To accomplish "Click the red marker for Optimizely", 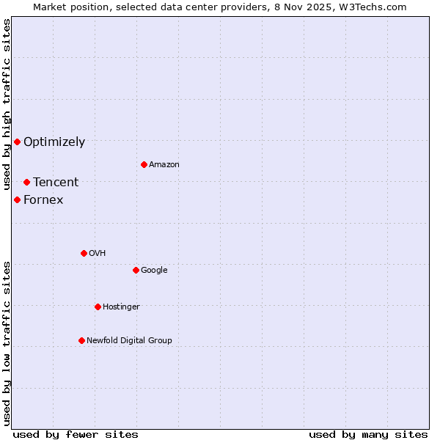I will tap(17, 142).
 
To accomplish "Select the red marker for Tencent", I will tap(26, 182).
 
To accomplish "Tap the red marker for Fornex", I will tap(17, 199).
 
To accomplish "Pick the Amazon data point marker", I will tap(144, 164).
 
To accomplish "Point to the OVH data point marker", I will tap(84, 253).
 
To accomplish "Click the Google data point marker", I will tap(136, 270).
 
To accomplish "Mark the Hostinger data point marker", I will tap(98, 307).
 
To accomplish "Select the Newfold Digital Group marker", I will tap(81, 340).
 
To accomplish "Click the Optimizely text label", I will tap(54, 142).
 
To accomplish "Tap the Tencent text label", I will tap(56, 183).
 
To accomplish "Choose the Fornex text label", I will tap(43, 200).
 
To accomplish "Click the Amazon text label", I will tap(164, 165).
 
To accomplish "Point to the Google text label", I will tap(154, 271).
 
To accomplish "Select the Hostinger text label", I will tap(121, 307).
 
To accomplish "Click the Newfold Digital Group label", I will tap(129, 341).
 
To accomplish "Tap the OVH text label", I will tap(98, 254).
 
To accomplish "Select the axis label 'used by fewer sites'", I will tap(76, 434).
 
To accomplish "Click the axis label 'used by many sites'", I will tap(368, 434).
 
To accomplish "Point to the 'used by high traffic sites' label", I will tap(7, 105).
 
